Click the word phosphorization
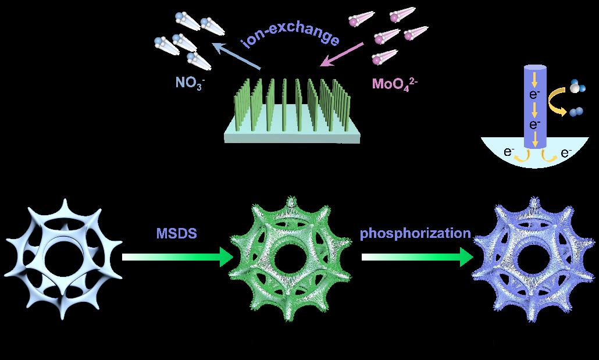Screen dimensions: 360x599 [x=415, y=234]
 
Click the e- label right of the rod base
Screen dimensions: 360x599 [x=565, y=154]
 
